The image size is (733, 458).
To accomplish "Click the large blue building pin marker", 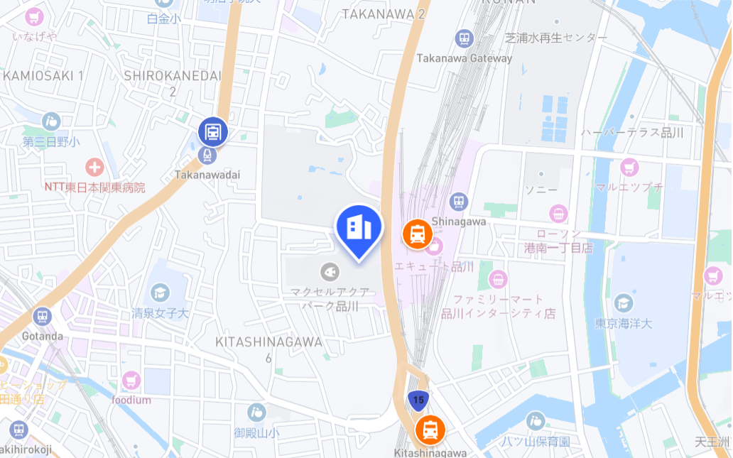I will click(x=359, y=228).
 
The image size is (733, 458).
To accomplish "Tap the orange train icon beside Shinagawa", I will click(x=418, y=233).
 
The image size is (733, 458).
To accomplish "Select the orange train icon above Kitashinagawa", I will click(x=430, y=430).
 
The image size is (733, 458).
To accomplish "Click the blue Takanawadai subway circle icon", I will click(x=212, y=131).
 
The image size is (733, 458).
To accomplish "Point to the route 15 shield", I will click(x=418, y=400).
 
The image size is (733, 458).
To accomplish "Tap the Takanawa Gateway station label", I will click(x=464, y=58).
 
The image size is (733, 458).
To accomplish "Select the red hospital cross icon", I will click(x=94, y=168).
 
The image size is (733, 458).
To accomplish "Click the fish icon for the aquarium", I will click(x=329, y=271).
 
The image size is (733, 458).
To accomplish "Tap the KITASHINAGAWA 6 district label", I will click(x=268, y=349).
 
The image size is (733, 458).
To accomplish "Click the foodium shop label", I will click(x=131, y=400).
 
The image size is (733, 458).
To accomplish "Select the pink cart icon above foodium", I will click(x=131, y=381).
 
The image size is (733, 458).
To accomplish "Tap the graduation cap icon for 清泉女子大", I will click(x=161, y=292).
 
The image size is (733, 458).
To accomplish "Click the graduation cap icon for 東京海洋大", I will click(x=624, y=303).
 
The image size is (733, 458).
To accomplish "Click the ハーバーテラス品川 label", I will click(x=631, y=133).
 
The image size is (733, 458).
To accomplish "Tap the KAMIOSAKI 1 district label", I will click(x=43, y=75).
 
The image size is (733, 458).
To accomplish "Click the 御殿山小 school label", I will click(x=256, y=432).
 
